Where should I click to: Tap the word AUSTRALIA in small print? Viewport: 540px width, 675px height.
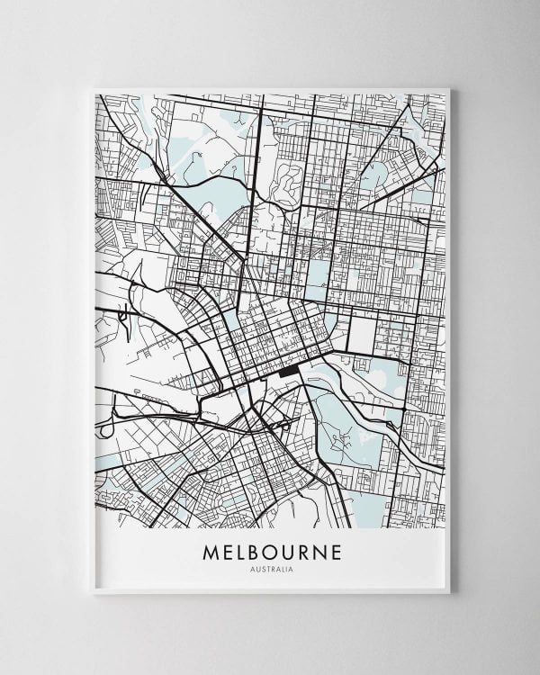(x=271, y=569)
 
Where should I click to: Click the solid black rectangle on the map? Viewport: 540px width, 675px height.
(x=290, y=371)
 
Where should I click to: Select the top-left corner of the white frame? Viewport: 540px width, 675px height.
(x=94, y=88)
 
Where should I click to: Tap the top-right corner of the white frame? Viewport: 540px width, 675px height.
(x=449, y=88)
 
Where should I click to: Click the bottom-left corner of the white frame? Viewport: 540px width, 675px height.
(x=94, y=593)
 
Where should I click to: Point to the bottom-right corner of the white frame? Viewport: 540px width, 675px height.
(x=449, y=593)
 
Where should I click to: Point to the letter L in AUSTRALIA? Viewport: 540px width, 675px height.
(x=282, y=569)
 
